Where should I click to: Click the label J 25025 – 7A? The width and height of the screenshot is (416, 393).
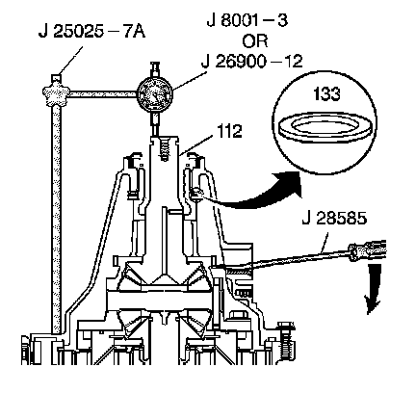tap(91, 32)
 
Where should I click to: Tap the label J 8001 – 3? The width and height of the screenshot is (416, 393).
tap(247, 20)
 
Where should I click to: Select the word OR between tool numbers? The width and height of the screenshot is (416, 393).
tap(255, 41)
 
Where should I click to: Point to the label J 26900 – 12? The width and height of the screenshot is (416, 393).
tap(252, 61)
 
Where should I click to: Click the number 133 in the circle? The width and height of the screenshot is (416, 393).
tap(326, 93)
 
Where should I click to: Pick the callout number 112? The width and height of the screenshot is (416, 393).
tap(230, 131)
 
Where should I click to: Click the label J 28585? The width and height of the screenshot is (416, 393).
tap(334, 219)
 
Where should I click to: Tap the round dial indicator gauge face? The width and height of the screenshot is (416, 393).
tap(154, 94)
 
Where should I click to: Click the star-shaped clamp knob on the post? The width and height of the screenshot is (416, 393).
tap(56, 93)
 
